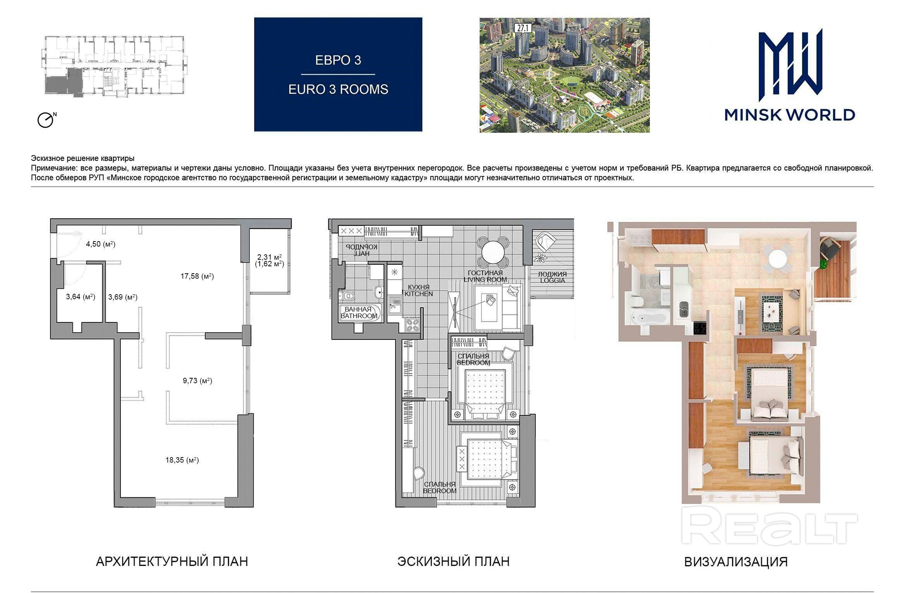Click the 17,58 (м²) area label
(197, 276)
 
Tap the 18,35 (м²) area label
(182, 460)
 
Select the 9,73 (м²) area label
(197, 380)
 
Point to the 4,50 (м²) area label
(101, 244)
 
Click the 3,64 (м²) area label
(81, 296)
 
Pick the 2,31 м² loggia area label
(269, 257)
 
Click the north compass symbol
(46, 120)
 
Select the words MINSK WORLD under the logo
(790, 115)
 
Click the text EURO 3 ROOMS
(338, 89)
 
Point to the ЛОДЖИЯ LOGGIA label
(552, 277)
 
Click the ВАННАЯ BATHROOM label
(358, 312)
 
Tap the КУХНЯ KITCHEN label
(418, 290)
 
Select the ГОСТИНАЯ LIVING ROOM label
(485, 276)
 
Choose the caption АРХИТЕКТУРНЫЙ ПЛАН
(172, 561)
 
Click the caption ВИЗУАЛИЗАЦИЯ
(736, 562)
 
